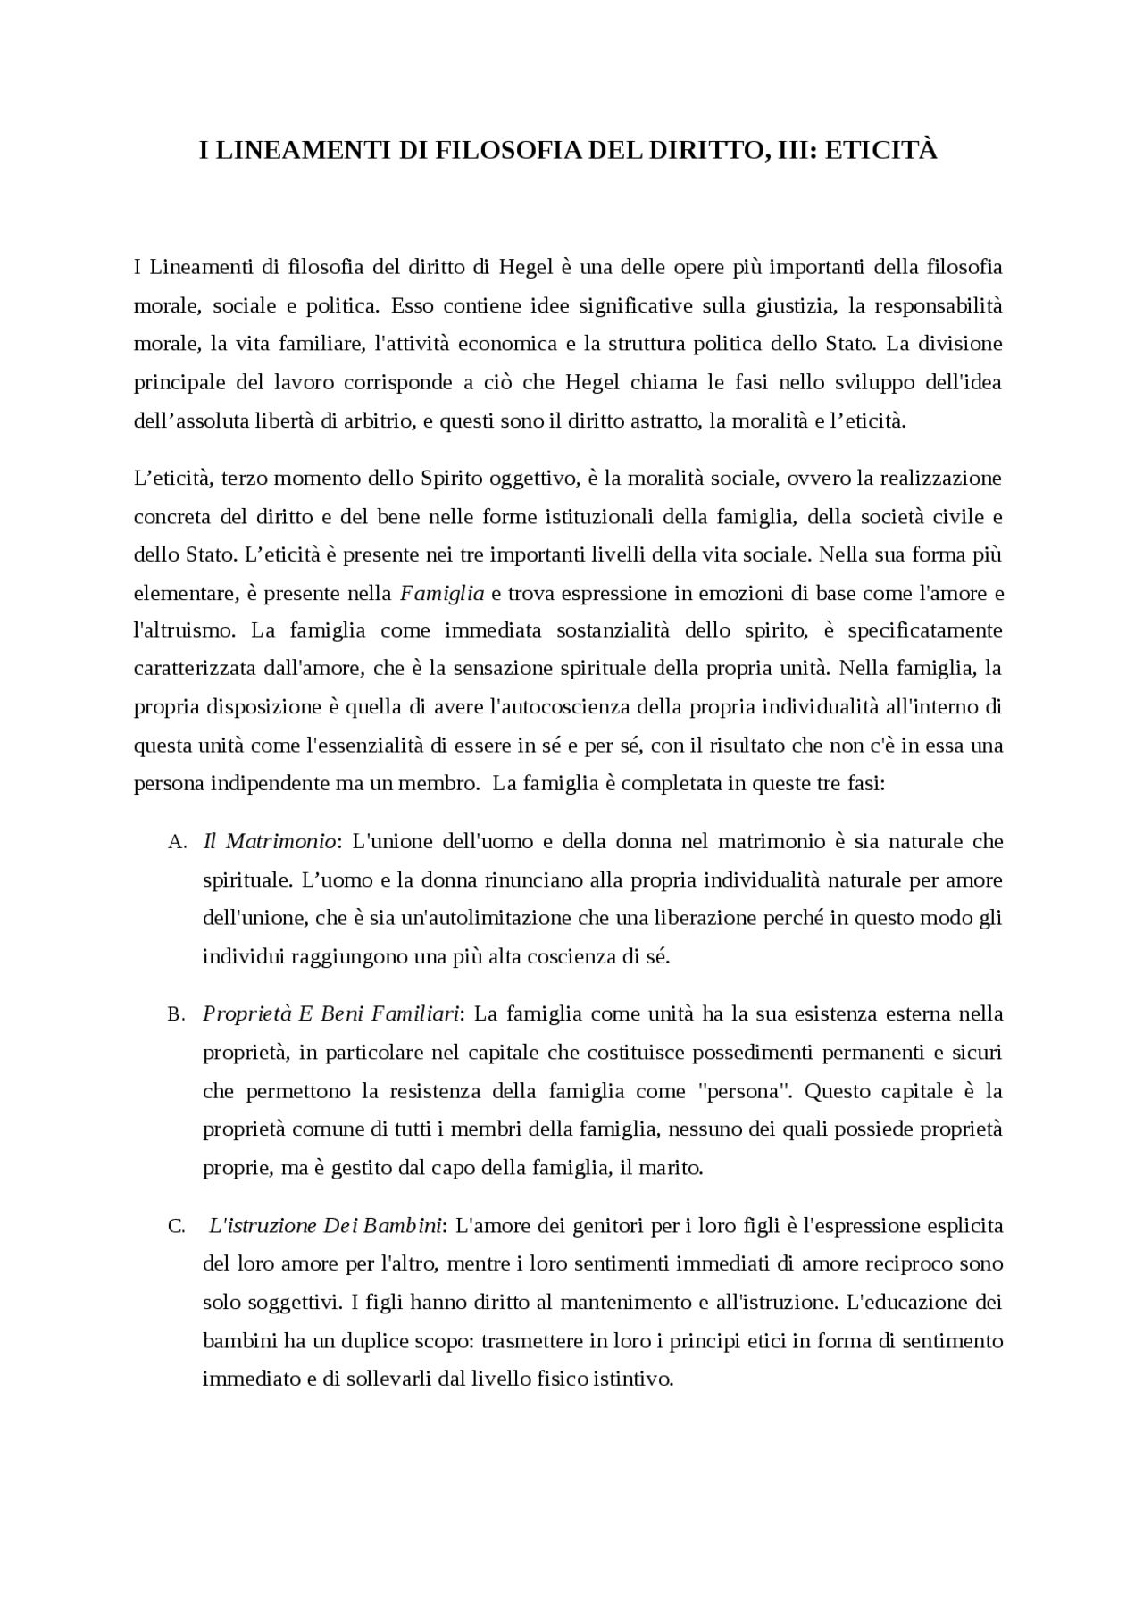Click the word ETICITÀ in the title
880,151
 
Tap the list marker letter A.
177,842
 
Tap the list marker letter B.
176,1015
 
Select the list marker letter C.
176,1227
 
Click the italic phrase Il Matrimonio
271,841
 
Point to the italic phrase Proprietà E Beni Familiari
331,1014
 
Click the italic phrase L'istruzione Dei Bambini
326,1226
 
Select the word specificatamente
924,630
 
